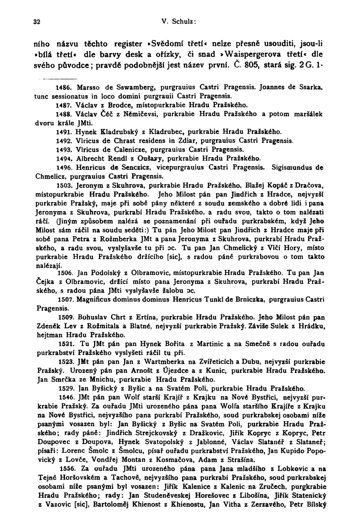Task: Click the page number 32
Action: click(37, 21)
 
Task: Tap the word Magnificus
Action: click(94, 299)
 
